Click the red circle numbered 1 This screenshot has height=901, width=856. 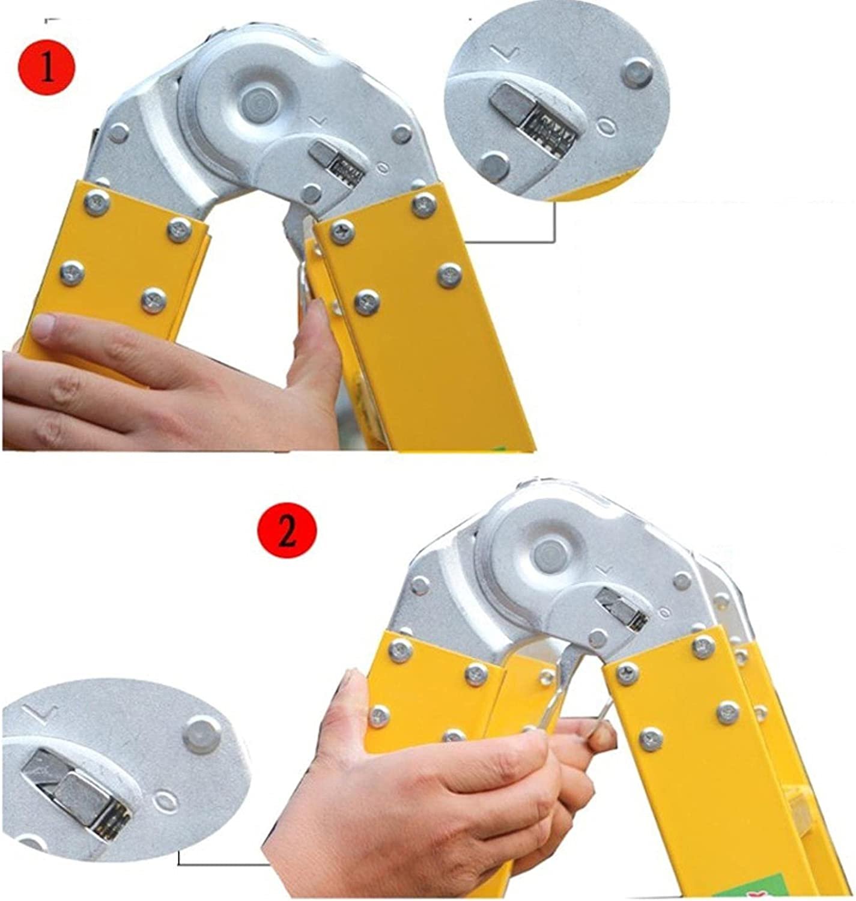(x=46, y=67)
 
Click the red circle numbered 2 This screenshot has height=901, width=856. (x=287, y=530)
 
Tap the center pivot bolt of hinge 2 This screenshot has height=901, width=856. (x=550, y=556)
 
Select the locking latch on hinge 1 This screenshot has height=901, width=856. (x=337, y=163)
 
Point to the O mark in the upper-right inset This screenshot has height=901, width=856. (x=606, y=126)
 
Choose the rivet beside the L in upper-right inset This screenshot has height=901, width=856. (x=637, y=73)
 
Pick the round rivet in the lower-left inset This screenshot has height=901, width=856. (x=201, y=734)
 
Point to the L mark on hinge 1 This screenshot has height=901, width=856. (x=318, y=121)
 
